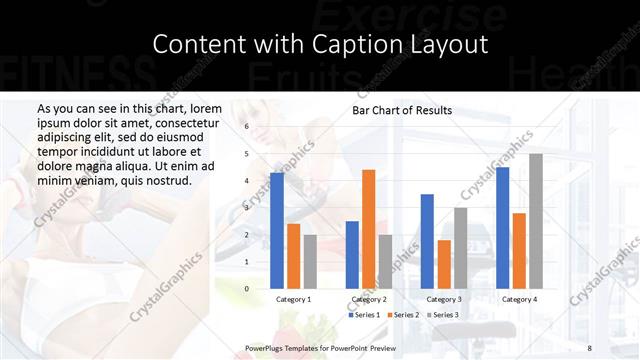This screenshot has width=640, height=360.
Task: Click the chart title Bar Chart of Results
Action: tap(402, 110)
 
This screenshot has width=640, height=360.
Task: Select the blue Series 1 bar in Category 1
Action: tap(277, 230)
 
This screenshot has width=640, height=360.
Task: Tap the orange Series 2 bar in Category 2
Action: tap(368, 228)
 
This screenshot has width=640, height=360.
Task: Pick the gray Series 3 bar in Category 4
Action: tap(535, 220)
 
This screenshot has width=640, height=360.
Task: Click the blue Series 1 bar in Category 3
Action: tap(427, 241)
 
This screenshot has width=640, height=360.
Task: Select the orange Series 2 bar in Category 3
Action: tap(444, 264)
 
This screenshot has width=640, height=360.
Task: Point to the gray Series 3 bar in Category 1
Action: tap(309, 261)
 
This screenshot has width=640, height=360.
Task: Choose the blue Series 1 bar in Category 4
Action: tap(502, 227)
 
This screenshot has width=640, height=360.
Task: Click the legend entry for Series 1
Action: tap(365, 315)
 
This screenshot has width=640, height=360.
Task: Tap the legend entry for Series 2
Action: tap(402, 315)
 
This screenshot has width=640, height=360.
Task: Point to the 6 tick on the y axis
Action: tap(246, 127)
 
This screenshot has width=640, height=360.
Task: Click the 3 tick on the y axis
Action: tap(246, 208)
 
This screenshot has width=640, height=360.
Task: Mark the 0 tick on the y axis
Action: tap(246, 289)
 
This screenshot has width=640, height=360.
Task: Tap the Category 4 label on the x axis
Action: tap(518, 299)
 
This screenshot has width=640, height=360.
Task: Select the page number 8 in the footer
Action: tap(589, 347)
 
